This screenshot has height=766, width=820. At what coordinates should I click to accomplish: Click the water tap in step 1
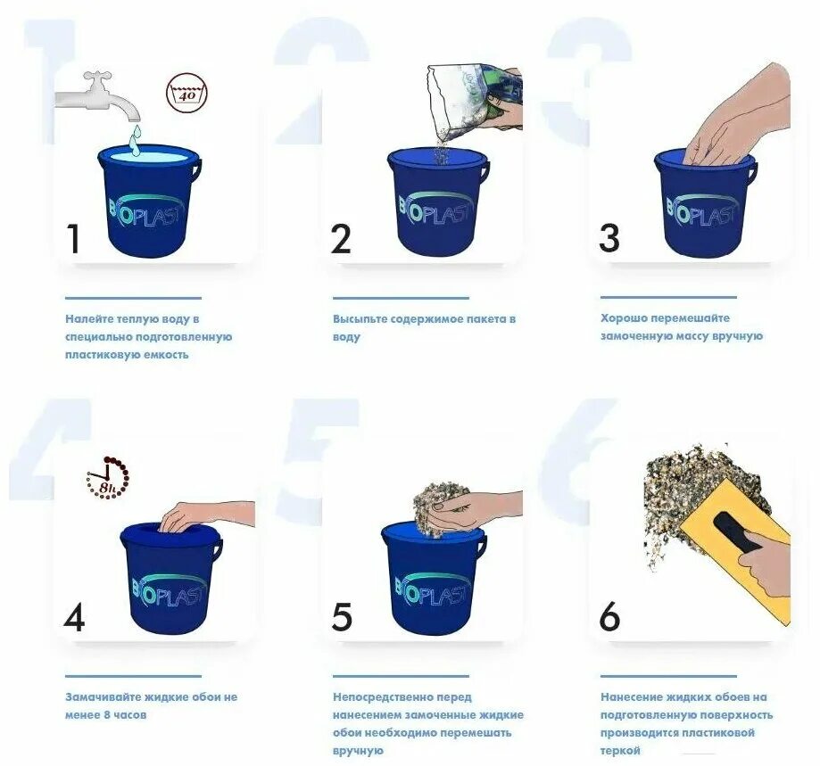[99, 96]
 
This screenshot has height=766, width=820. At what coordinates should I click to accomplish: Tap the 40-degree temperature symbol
[186, 93]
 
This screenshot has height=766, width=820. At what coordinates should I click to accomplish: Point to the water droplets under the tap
[135, 140]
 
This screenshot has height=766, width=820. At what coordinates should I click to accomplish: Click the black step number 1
[74, 239]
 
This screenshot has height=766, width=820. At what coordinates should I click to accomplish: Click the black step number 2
[341, 239]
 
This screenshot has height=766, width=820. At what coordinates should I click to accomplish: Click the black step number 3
[609, 238]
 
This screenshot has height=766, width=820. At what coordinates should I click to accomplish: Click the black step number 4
[74, 617]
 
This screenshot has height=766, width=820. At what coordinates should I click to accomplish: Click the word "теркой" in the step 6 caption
[620, 751]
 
